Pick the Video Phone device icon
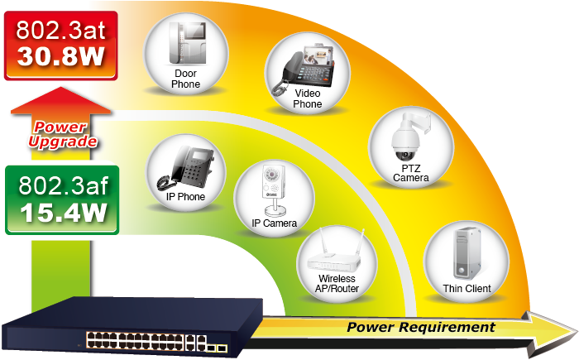click(x=306, y=64)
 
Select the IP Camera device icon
click(x=273, y=188)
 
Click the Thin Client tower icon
click(x=466, y=253)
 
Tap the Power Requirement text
click(x=420, y=327)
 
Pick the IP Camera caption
click(x=274, y=223)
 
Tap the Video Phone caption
click(x=307, y=98)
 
